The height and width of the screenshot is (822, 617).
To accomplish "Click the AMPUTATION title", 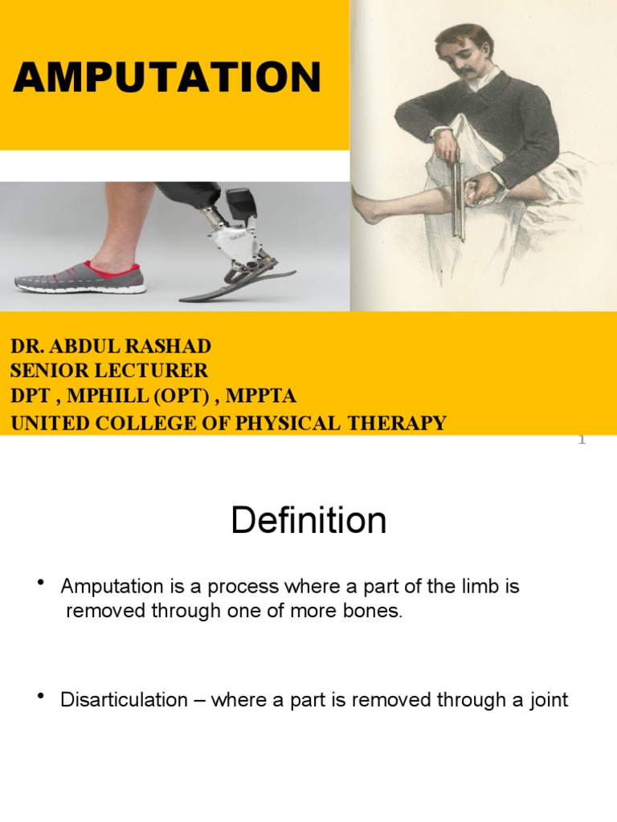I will coord(167,78).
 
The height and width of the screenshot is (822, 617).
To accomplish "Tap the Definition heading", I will coord(308,521).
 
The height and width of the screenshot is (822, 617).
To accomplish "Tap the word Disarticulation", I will coord(124,700).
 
